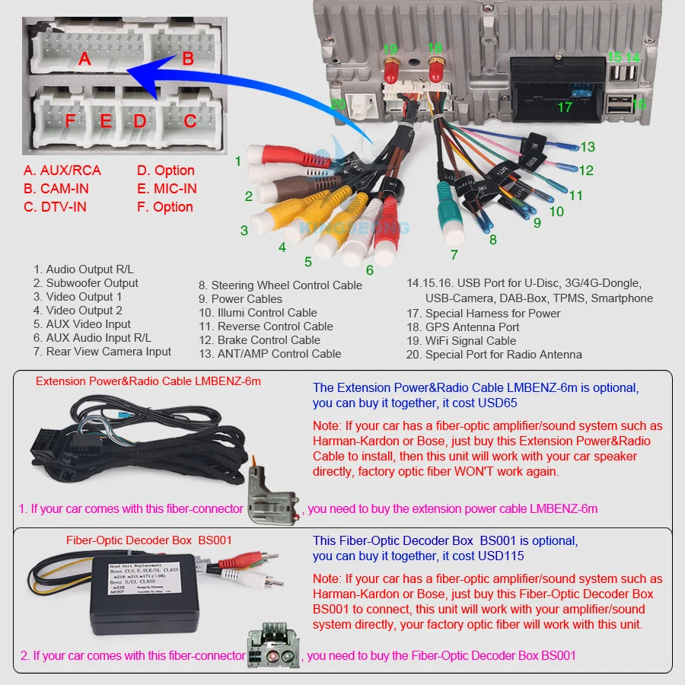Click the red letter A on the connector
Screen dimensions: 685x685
pos(84,58)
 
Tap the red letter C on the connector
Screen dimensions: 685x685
pos(190,120)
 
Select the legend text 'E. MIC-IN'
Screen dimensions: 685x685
pos(166,189)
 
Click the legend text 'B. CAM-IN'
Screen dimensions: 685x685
pos(56,189)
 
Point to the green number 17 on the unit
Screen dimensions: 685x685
pos(564,107)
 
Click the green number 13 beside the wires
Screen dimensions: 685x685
pos(587,147)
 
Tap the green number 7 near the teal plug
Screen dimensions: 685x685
pos(454,255)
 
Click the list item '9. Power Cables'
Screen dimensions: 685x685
pos(241,299)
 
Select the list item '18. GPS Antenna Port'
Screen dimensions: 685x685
pos(463,327)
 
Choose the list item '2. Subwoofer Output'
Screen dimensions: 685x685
pos(85,283)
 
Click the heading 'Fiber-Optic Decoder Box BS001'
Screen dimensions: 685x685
pos(149,540)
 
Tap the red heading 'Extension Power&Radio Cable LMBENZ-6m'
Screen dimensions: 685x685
pos(148,381)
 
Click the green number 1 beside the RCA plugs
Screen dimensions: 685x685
pos(237,161)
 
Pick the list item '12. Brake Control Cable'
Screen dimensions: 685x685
pos(260,340)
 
